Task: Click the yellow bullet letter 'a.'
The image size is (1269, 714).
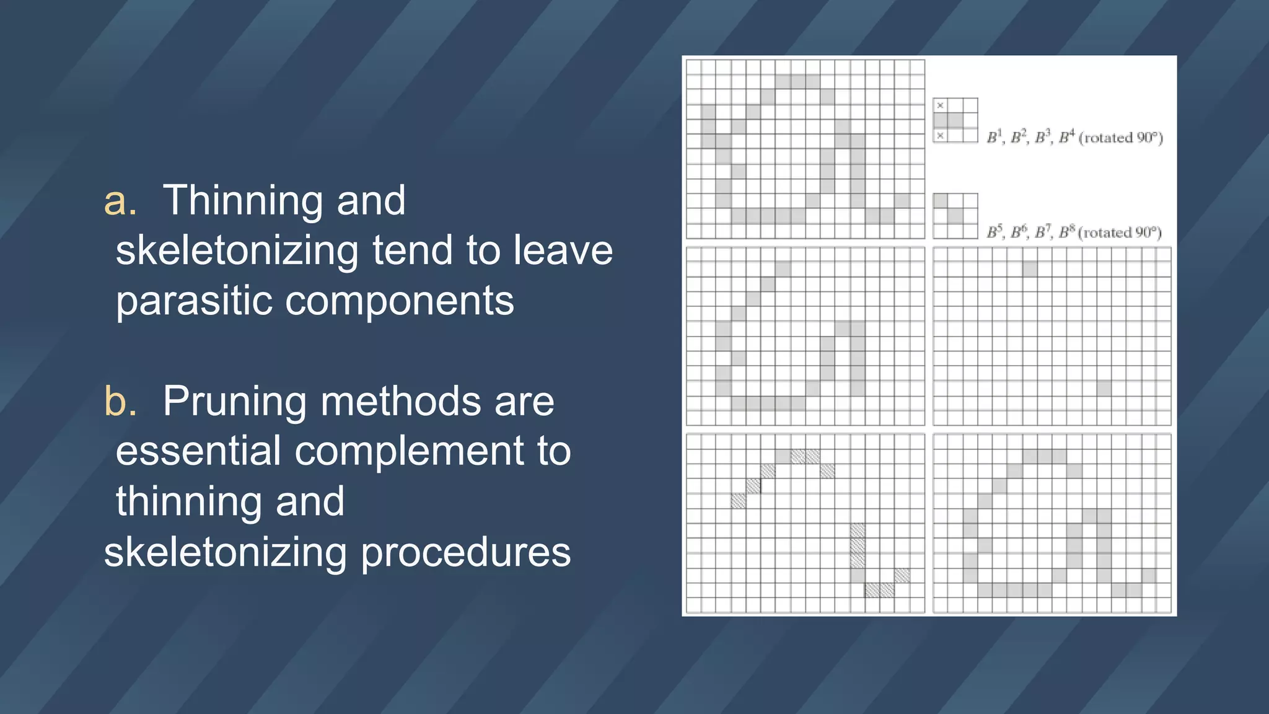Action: point(120,201)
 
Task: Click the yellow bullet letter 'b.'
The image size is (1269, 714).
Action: point(120,401)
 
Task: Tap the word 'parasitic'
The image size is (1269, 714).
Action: point(193,301)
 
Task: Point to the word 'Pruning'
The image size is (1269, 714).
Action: point(234,401)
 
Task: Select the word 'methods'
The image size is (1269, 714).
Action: point(400,401)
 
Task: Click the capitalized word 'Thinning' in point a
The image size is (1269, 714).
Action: point(242,201)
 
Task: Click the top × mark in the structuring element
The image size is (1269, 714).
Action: point(940,105)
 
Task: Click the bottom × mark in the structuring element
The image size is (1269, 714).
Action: point(940,136)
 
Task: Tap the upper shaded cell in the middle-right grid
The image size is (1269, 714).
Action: point(1030,269)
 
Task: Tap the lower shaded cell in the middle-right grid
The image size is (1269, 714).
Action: point(1104,389)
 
